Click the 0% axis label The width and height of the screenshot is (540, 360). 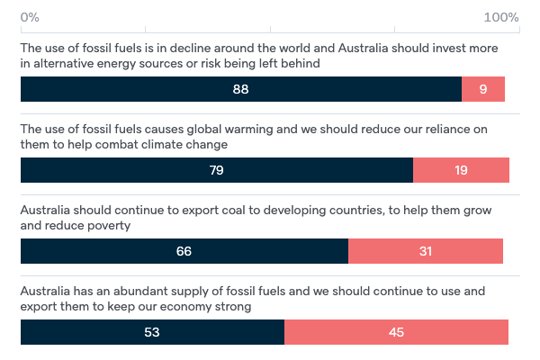29,18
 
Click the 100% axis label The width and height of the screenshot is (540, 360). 501,18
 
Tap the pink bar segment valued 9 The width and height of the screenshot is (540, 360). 483,89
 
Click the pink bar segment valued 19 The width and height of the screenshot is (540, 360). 461,170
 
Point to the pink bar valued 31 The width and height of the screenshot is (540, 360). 426,251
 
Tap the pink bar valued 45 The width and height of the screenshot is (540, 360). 396,332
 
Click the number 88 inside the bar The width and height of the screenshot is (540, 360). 239,89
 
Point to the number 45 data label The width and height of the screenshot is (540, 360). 396,332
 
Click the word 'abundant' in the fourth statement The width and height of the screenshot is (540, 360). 135,292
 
